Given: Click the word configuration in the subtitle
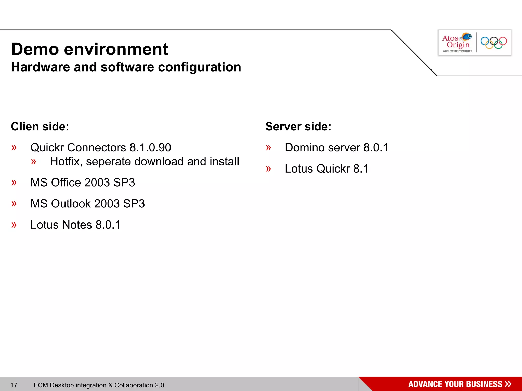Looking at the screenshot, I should pyautogui.click(x=199, y=67).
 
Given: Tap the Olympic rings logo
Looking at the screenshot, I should pyautogui.click(x=494, y=43).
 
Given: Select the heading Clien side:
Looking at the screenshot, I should pyautogui.click(x=40, y=127).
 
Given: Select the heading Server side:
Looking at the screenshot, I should pyautogui.click(x=298, y=127).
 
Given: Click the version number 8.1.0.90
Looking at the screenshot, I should pyautogui.click(x=150, y=148).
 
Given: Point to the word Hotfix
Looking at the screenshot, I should pyautogui.click(x=66, y=162).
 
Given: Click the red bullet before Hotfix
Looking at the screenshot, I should pyautogui.click(x=33, y=162).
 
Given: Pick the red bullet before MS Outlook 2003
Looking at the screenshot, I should pyautogui.click(x=14, y=204).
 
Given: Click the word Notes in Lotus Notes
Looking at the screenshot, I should pyautogui.click(x=77, y=225).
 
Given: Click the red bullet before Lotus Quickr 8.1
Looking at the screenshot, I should pyautogui.click(x=268, y=169).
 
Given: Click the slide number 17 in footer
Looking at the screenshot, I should pyautogui.click(x=14, y=385).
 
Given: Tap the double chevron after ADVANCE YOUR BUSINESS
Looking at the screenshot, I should pyautogui.click(x=508, y=384).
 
